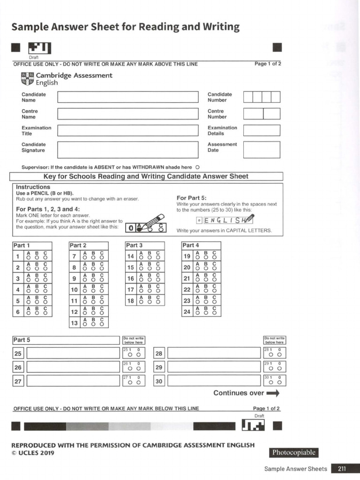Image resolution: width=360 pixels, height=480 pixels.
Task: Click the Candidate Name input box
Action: click(128, 97)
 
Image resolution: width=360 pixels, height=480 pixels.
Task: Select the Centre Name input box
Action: click(128, 114)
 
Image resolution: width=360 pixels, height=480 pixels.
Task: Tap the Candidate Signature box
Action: click(128, 150)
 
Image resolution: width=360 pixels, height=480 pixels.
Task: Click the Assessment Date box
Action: click(262, 150)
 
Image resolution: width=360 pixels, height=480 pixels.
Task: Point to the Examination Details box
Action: click(262, 130)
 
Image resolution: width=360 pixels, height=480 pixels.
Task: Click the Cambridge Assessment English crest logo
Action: click(28, 79)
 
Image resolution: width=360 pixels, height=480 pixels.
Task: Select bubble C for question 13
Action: click(102, 324)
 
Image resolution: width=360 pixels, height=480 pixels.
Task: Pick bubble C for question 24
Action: click(214, 313)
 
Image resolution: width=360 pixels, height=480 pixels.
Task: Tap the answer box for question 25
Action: click(73, 353)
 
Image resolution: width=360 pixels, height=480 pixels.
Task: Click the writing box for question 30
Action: click(214, 381)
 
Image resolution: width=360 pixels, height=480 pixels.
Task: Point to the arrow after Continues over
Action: click(273, 393)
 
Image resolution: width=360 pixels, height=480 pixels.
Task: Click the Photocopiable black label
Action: click(293, 453)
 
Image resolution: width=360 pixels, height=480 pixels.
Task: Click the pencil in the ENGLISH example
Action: click(247, 219)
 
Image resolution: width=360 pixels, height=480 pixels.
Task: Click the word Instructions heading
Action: click(33, 187)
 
